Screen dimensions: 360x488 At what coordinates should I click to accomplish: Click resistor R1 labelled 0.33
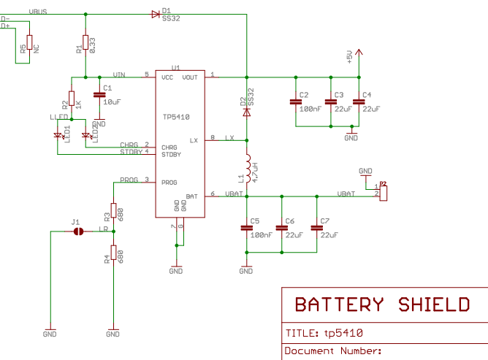coord(85,44)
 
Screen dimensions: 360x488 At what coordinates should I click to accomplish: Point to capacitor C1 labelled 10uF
coord(99,94)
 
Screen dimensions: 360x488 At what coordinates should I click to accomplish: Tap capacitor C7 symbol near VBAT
coord(316,228)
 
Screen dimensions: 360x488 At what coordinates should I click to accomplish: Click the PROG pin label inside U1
coord(169,182)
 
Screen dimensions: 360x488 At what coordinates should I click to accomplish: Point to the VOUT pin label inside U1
coord(189,77)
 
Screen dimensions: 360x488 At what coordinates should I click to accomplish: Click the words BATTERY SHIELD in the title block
coord(381,305)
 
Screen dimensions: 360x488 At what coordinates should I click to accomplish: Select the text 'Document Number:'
coord(333,351)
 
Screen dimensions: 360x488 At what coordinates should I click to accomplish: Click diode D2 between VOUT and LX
coord(247,112)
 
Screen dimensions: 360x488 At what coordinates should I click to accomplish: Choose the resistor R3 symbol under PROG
coord(113,212)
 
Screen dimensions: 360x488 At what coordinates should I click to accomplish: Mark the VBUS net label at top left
coord(38,12)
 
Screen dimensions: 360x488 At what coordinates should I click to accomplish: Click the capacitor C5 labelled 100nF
coord(247,228)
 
